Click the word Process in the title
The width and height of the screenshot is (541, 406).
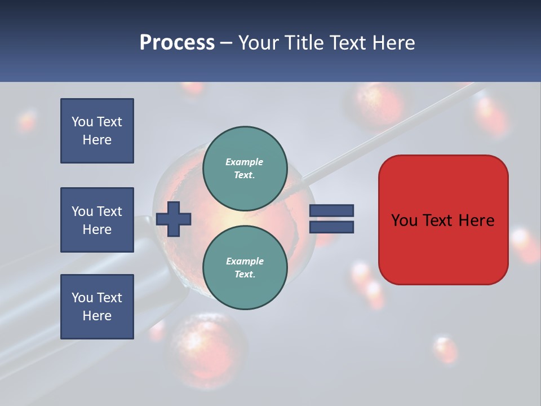click(177, 42)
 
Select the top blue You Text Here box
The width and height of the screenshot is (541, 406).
click(97, 131)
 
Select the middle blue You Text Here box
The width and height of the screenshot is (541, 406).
click(97, 220)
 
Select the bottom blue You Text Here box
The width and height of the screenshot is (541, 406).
click(97, 307)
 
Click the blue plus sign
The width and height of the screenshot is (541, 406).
click(173, 219)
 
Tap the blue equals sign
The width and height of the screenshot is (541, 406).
click(331, 219)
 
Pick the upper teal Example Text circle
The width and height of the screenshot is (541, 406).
click(245, 169)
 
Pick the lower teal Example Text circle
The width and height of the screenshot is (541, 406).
click(245, 268)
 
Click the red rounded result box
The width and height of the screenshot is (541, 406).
click(443, 220)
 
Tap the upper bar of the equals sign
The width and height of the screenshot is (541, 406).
click(331, 211)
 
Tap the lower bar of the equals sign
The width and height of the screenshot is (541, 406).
click(331, 227)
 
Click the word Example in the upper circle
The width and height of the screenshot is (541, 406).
click(245, 162)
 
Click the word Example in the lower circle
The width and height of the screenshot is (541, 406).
click(245, 261)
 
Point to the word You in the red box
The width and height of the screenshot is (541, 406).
click(404, 220)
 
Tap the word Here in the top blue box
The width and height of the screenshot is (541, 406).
click(97, 140)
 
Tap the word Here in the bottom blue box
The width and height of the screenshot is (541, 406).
click(97, 316)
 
